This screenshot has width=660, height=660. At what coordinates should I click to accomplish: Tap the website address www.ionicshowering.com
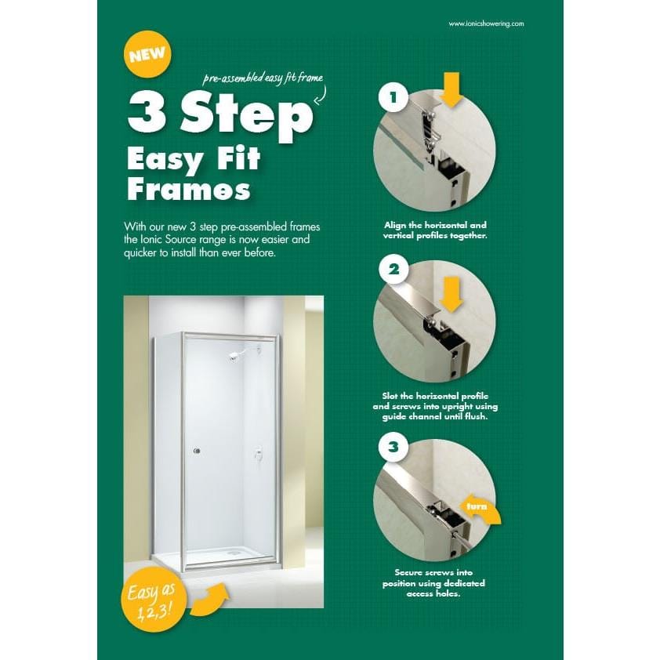pyautogui.click(x=486, y=24)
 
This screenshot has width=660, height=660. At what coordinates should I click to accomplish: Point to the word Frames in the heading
pyautogui.click(x=189, y=189)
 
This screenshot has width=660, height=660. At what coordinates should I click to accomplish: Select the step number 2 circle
pyautogui.click(x=393, y=271)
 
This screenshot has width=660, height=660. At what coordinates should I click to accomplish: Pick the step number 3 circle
pyautogui.click(x=393, y=449)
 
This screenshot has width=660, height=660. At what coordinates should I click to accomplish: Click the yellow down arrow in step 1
pyautogui.click(x=451, y=89)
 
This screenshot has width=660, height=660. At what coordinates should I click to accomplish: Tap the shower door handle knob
pyautogui.click(x=197, y=451)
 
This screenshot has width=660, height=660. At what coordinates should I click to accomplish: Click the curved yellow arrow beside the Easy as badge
pyautogui.click(x=209, y=599)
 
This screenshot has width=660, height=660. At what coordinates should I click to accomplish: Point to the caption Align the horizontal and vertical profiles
pyautogui.click(x=435, y=230)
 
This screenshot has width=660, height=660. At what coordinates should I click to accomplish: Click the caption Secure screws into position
pyautogui.click(x=434, y=583)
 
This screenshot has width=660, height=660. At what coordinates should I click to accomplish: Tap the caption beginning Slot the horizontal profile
pyautogui.click(x=435, y=406)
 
